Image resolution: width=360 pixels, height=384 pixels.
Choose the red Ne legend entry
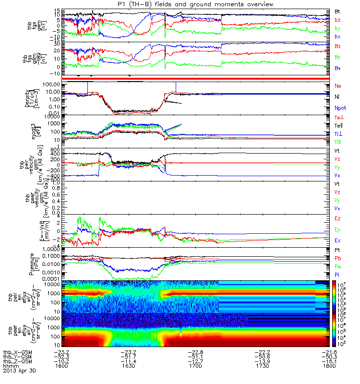(337, 85)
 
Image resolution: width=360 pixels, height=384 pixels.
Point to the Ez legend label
(337, 218)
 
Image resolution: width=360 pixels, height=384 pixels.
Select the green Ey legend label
(337, 229)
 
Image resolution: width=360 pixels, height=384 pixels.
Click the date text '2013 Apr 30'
(20, 371)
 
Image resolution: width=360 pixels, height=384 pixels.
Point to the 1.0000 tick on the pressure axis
(51, 249)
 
